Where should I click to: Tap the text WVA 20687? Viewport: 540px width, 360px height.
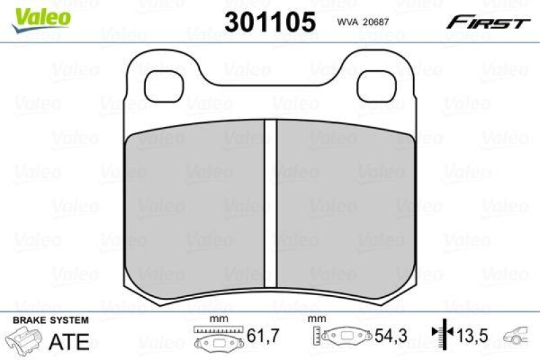364,22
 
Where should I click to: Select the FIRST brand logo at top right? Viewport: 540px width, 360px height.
487,23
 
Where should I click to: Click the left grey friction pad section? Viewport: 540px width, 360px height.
196,209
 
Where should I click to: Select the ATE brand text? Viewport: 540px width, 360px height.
70,341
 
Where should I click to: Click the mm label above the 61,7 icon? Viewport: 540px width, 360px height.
217,319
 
